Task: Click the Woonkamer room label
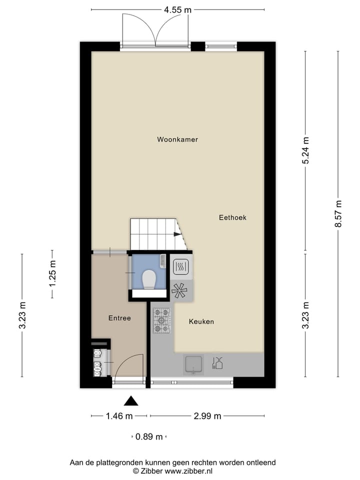click(177, 139)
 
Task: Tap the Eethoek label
click(232, 217)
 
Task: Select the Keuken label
click(201, 321)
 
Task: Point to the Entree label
click(119, 318)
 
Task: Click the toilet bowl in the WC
click(149, 280)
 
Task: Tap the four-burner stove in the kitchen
click(161, 320)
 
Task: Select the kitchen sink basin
click(193, 364)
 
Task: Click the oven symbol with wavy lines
click(180, 267)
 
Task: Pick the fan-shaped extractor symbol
click(179, 289)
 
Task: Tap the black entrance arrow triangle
click(131, 400)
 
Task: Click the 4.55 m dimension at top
click(178, 9)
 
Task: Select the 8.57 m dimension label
click(338, 214)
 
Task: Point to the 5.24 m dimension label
click(306, 151)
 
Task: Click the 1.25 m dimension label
click(52, 274)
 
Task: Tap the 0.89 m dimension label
click(149, 436)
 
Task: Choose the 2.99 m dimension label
click(207, 415)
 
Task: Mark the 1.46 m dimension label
click(119, 415)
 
